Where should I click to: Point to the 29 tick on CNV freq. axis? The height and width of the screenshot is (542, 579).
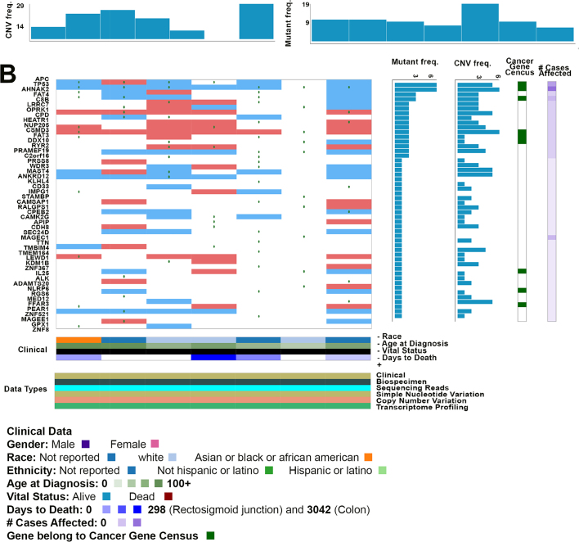coord(18,6)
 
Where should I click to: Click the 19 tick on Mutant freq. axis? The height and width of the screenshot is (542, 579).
coord(304,5)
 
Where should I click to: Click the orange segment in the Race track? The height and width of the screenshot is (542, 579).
coord(79,340)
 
